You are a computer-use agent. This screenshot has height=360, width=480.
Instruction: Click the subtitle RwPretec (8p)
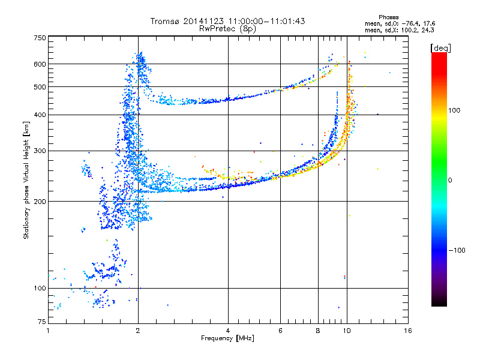pos(227,29)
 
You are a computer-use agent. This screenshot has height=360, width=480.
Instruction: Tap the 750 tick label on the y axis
pos(40,38)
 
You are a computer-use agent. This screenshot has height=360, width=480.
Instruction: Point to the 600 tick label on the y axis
pos(40,64)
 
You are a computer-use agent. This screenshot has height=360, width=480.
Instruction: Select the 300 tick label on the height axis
pos(40,151)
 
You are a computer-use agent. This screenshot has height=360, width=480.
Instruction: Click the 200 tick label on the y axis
pos(40,202)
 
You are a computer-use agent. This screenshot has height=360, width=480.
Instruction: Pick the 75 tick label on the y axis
pos(42,322)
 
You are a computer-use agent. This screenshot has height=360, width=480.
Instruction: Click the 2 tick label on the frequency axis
pos(138,331)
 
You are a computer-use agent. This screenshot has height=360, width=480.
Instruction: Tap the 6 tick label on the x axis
pos(280,331)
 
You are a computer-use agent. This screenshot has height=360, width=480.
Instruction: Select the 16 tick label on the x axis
pos(408,331)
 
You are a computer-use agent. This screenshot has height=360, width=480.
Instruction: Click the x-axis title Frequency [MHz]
pos(227,338)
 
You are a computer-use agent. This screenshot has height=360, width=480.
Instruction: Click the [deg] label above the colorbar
pos(440,48)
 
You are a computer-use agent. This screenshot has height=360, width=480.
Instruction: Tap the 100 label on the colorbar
pos(454,110)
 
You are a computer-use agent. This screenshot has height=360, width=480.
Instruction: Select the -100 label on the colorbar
pos(457,250)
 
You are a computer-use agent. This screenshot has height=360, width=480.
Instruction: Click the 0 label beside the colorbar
pos(450,180)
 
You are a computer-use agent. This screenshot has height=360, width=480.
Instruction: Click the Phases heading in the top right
pos(388,17)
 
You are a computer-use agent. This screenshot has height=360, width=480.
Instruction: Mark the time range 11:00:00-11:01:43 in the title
pos(266,21)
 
